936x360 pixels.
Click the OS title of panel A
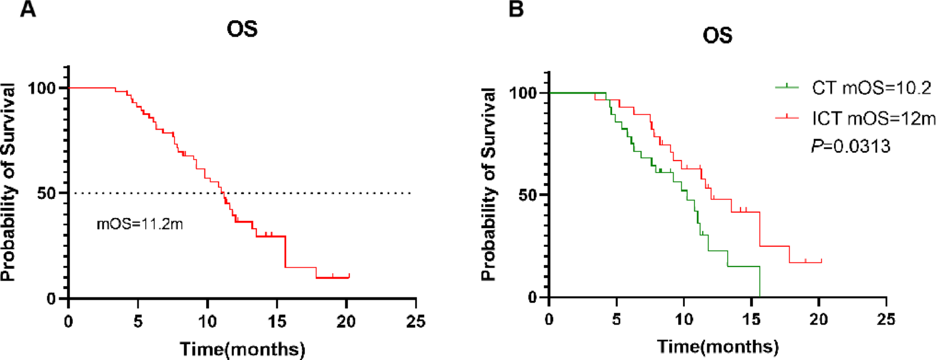tap(242, 29)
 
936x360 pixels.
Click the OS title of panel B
tap(717, 35)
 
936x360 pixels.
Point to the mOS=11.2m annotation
tap(140, 224)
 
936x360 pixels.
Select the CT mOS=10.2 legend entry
tap(871, 88)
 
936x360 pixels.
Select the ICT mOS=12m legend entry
tap(873, 118)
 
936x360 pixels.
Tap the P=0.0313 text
tap(850, 146)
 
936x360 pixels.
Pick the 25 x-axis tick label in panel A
tap(416, 322)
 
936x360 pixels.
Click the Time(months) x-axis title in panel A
tap(242, 349)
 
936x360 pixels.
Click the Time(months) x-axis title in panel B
tap(717, 346)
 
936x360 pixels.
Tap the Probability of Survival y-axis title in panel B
tap(489, 184)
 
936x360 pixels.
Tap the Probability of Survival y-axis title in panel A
tap(8, 181)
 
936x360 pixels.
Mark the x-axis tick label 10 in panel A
tap(207, 322)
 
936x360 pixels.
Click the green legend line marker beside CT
tap(787, 87)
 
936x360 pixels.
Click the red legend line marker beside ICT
tap(787, 118)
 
